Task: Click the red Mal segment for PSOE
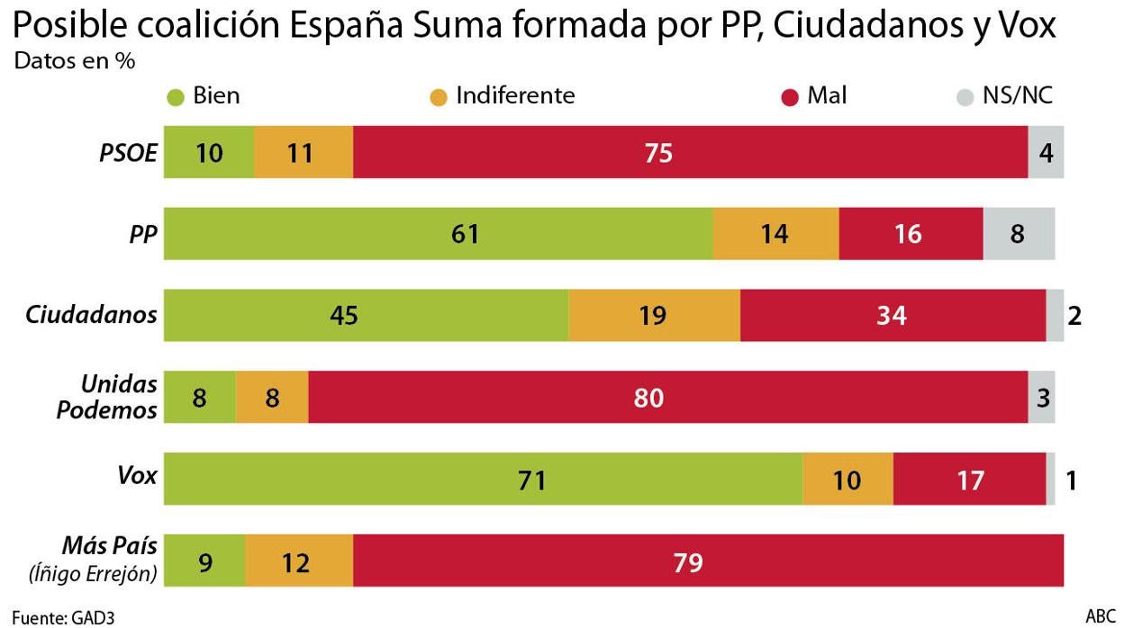[690, 153]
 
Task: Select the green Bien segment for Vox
[483, 479]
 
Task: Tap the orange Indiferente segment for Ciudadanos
[654, 316]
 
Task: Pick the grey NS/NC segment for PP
[1019, 234]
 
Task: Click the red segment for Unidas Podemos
[667, 398]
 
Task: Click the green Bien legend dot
[176, 96]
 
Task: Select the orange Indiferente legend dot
[439, 96]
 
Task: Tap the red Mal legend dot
[790, 96]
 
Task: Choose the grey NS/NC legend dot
[964, 96]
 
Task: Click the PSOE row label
[128, 153]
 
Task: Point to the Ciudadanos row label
[91, 315]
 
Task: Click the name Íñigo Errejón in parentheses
[94, 573]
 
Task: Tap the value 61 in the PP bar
[465, 234]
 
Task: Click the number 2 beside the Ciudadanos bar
[1073, 316]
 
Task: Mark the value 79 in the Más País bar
[688, 563]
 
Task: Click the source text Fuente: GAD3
[63, 618]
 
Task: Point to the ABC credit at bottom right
[1100, 616]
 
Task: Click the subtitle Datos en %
[74, 62]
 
